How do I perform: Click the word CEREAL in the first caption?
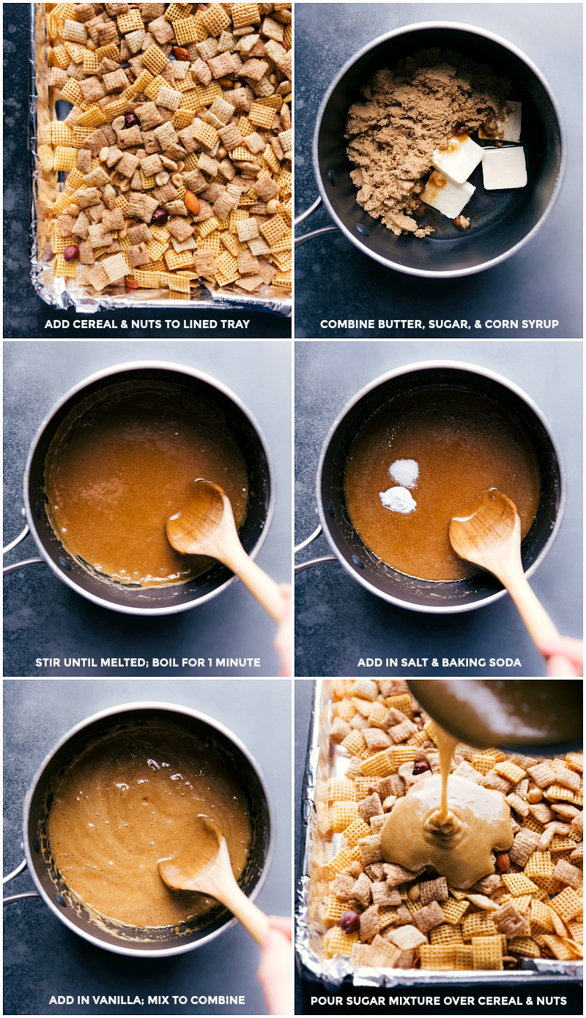(x=92, y=324)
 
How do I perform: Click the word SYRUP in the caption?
(x=538, y=324)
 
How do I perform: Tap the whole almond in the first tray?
(x=191, y=204)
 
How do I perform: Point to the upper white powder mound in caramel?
(x=404, y=472)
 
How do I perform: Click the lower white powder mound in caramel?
(x=398, y=500)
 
